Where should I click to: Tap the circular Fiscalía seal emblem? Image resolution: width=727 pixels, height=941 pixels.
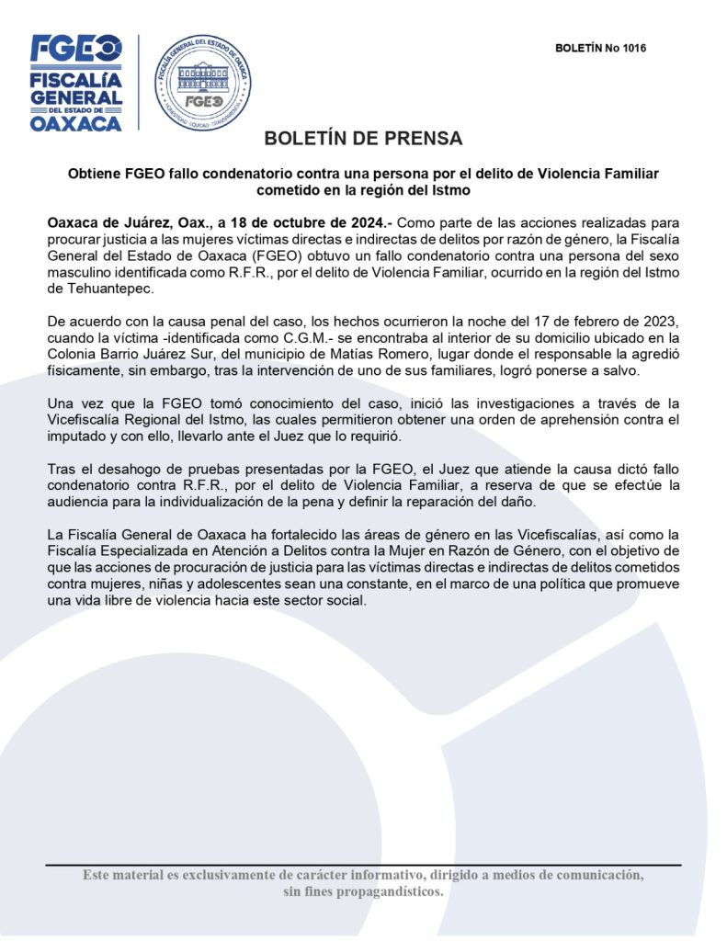tap(202, 82)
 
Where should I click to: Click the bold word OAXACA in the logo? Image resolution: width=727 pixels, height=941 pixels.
tap(76, 123)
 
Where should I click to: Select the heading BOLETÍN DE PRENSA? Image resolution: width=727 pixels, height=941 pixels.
tap(363, 139)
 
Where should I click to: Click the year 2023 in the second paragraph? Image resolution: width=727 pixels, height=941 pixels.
tap(663, 322)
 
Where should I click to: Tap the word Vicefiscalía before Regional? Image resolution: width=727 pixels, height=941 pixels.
tap(92, 421)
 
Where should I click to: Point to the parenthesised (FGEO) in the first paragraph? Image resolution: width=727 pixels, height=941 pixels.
tap(263, 255)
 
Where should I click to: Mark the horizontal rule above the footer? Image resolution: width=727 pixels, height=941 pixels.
tap(363, 865)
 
